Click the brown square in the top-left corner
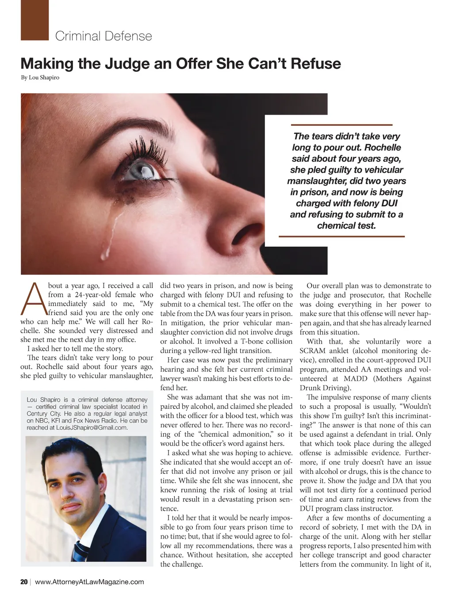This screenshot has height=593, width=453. (x=35, y=20)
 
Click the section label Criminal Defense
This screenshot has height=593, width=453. (x=104, y=36)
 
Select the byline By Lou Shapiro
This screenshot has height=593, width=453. (x=40, y=78)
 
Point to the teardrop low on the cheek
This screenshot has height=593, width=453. (x=105, y=254)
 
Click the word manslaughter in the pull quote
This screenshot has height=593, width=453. (x=316, y=181)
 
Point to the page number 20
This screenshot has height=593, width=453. (x=24, y=582)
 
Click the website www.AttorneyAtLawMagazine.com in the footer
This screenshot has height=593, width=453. (x=89, y=582)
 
